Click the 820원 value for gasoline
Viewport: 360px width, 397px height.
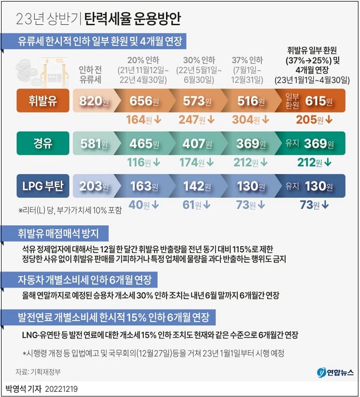tap(93, 101)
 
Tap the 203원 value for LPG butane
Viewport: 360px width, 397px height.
tap(93, 186)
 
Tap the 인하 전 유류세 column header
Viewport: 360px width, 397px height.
tap(92, 75)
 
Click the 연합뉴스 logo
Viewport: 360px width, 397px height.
tap(336, 372)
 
